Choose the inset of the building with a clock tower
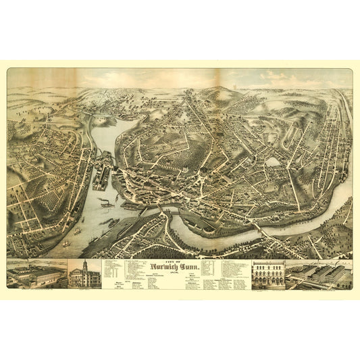point(84,273)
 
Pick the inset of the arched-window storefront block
point(267,274)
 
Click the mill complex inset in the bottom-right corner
point(317,274)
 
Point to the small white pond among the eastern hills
point(272,161)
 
